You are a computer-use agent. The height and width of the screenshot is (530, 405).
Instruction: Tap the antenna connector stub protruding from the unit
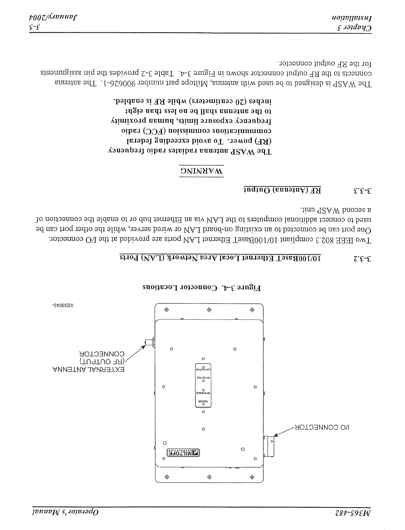tap(149, 342)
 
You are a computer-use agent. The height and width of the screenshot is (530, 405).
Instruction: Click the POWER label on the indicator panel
tap(203, 401)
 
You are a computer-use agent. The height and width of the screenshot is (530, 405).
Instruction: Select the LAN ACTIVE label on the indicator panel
tap(203, 370)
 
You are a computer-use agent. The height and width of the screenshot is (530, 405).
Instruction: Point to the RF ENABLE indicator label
tap(203, 393)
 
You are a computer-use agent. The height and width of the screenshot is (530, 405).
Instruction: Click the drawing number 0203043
tap(64, 306)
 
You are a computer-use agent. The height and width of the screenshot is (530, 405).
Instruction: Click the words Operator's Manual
tap(65, 512)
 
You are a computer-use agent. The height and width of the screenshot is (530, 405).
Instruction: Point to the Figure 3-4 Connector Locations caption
tap(202, 287)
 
